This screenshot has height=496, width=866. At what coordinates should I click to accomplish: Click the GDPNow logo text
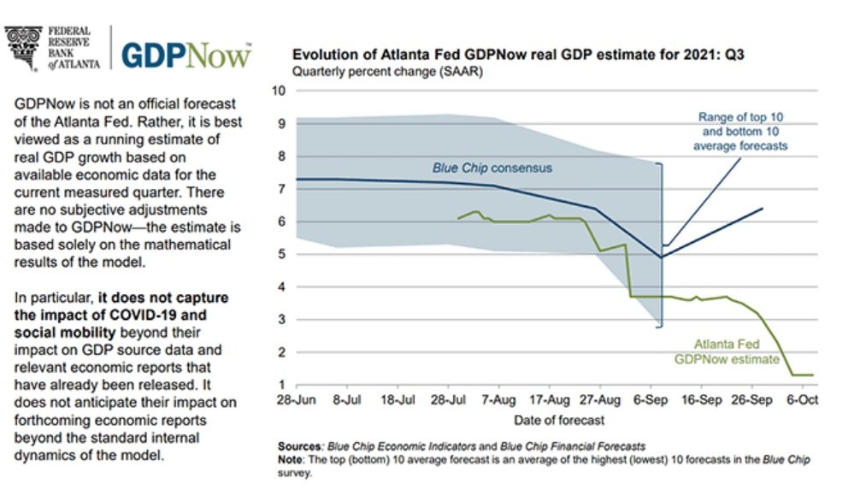pyautogui.click(x=186, y=54)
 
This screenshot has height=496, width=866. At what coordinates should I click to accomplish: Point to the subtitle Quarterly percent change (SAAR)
pyautogui.click(x=387, y=72)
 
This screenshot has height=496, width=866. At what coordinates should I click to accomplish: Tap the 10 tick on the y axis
pyautogui.click(x=278, y=91)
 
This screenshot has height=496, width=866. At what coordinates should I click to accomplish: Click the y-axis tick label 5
pyautogui.click(x=281, y=254)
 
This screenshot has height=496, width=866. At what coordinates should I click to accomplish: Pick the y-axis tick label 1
pyautogui.click(x=281, y=385)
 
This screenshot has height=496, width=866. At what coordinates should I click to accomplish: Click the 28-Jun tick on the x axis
pyautogui.click(x=295, y=400)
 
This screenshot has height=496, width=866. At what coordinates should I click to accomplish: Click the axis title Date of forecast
pyautogui.click(x=559, y=420)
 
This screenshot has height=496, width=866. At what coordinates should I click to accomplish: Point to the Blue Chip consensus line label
pyautogui.click(x=492, y=168)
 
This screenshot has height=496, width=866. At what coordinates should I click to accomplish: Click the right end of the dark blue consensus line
pyautogui.click(x=762, y=208)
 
